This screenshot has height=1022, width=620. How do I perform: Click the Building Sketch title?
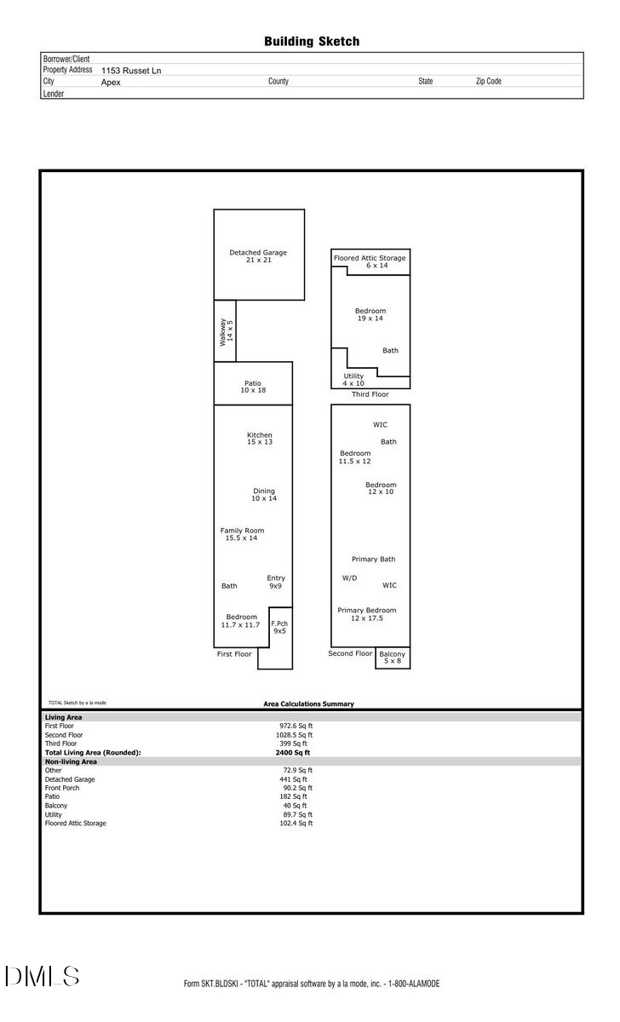(312, 41)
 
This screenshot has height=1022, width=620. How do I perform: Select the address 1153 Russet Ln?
(130, 71)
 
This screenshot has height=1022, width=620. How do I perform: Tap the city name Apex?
(111, 83)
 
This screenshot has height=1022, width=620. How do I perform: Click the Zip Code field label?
(488, 82)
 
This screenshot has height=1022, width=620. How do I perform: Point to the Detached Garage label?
(258, 255)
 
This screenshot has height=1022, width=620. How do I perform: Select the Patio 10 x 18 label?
(253, 387)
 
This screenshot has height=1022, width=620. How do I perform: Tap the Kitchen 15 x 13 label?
(260, 439)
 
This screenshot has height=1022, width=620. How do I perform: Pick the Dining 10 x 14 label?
(264, 494)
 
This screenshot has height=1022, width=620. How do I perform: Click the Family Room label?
(242, 534)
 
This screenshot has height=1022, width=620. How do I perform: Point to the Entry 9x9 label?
(275, 582)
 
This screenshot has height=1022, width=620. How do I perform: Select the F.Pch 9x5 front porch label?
(279, 627)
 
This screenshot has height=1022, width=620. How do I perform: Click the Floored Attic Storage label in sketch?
(370, 261)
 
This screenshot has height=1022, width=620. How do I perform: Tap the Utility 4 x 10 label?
(353, 379)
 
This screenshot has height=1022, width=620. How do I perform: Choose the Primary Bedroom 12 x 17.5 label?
(366, 614)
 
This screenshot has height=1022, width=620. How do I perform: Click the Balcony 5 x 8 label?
(392, 657)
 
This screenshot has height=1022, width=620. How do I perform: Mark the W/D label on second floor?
(349, 578)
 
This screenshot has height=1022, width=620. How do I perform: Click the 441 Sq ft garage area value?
(294, 779)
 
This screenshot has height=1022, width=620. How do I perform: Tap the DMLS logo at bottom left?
(43, 976)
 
